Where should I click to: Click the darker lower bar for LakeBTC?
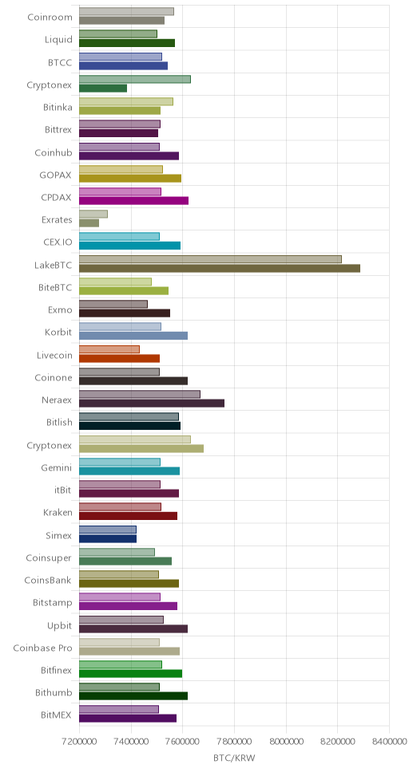coord(220,268)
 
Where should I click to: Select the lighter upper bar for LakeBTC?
coord(210,259)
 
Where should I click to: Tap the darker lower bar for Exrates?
coord(89,223)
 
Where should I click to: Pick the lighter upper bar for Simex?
coord(108,530)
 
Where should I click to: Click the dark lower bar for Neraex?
coord(152,404)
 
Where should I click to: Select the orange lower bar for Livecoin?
coord(119,358)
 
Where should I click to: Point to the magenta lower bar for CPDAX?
coord(133,200)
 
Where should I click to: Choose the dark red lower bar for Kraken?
coord(129,516)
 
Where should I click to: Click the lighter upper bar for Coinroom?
coord(126,11)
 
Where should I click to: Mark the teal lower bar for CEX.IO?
coord(129,246)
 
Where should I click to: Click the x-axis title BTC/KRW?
coord(234,758)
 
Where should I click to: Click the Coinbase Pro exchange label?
coord(42,648)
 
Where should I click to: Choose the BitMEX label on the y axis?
coord(57,715)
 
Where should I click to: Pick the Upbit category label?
coord(60,626)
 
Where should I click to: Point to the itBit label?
coord(63,490)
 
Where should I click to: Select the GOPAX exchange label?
coord(56,175)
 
